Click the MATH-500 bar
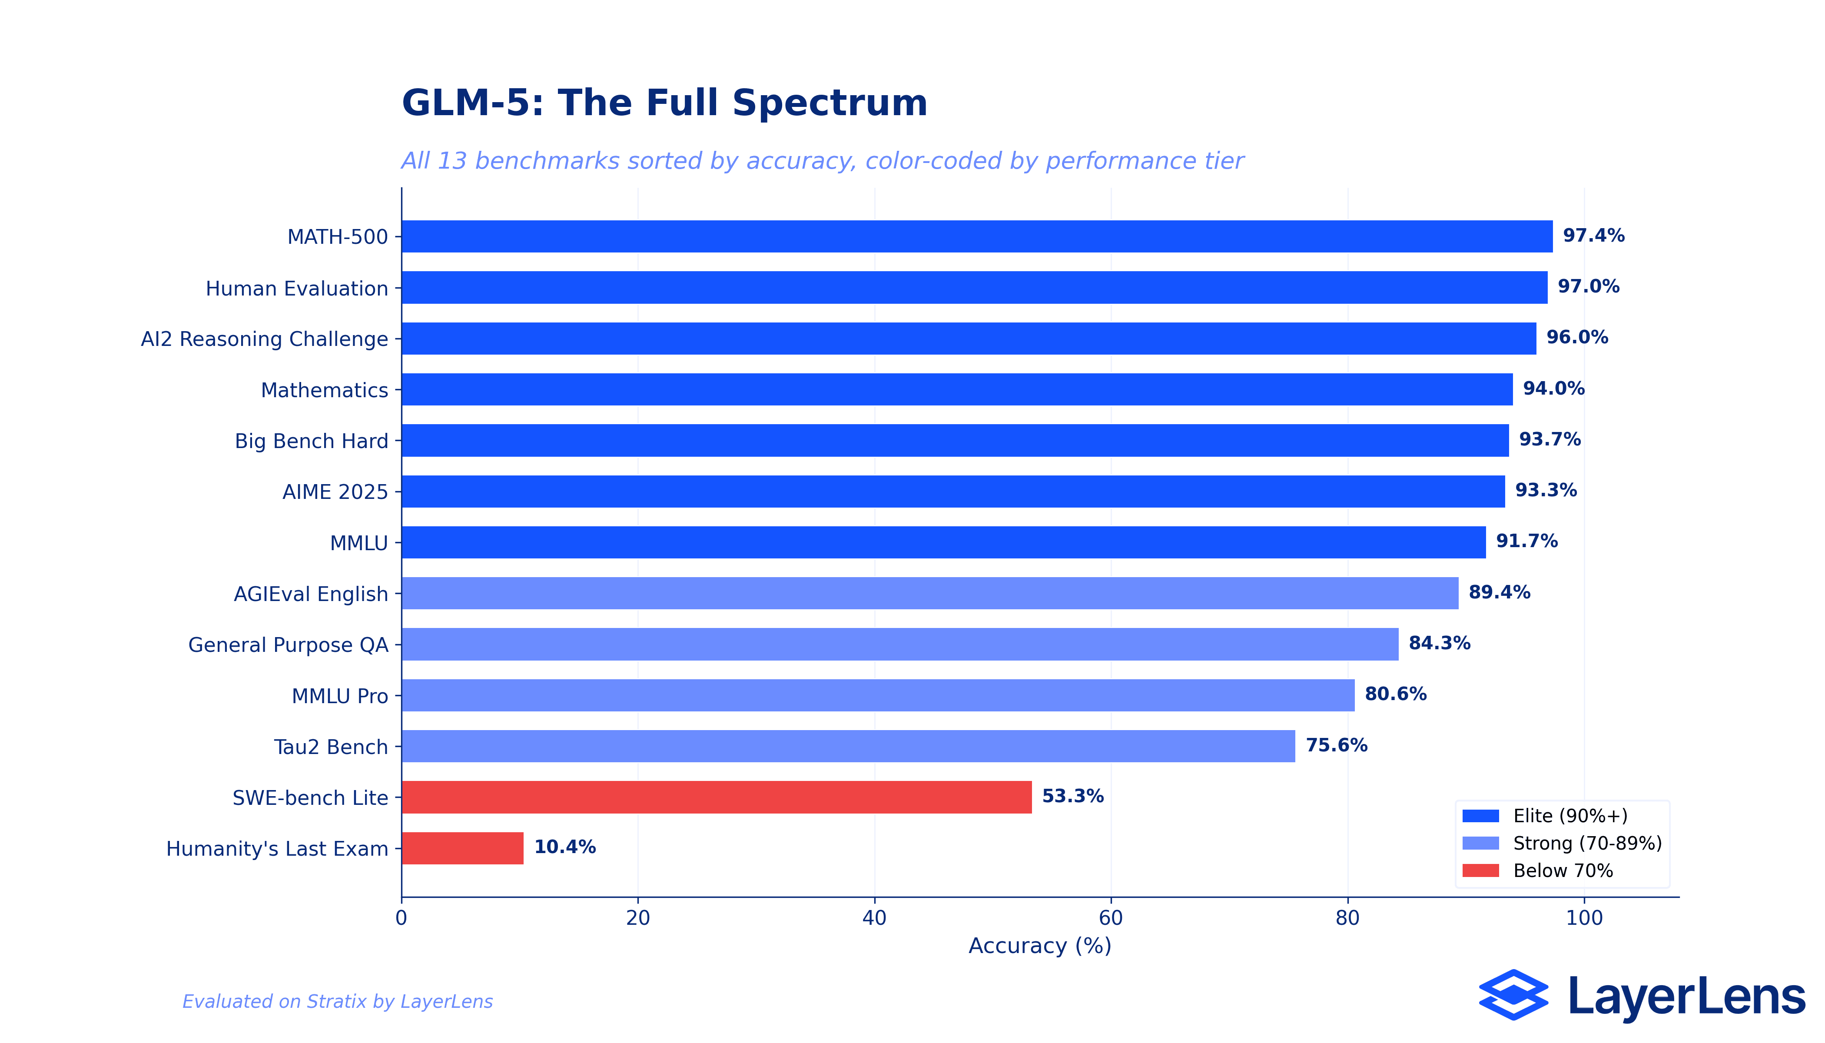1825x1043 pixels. [x=977, y=236]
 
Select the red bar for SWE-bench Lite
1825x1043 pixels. [x=716, y=797]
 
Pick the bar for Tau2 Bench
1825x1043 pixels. [x=848, y=747]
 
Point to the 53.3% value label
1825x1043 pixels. [x=1072, y=797]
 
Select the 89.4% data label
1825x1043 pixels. [x=1499, y=592]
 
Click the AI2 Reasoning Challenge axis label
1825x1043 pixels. [x=264, y=339]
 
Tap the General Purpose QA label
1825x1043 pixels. [x=288, y=645]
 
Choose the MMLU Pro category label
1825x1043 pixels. [x=339, y=696]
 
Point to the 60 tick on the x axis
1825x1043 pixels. [x=1111, y=918]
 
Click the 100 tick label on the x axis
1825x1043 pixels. [x=1584, y=918]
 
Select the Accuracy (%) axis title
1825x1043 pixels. [x=1039, y=946]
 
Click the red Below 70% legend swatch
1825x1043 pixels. [x=1480, y=871]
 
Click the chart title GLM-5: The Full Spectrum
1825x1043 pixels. [x=664, y=103]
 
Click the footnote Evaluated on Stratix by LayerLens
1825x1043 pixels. [x=337, y=1001]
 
